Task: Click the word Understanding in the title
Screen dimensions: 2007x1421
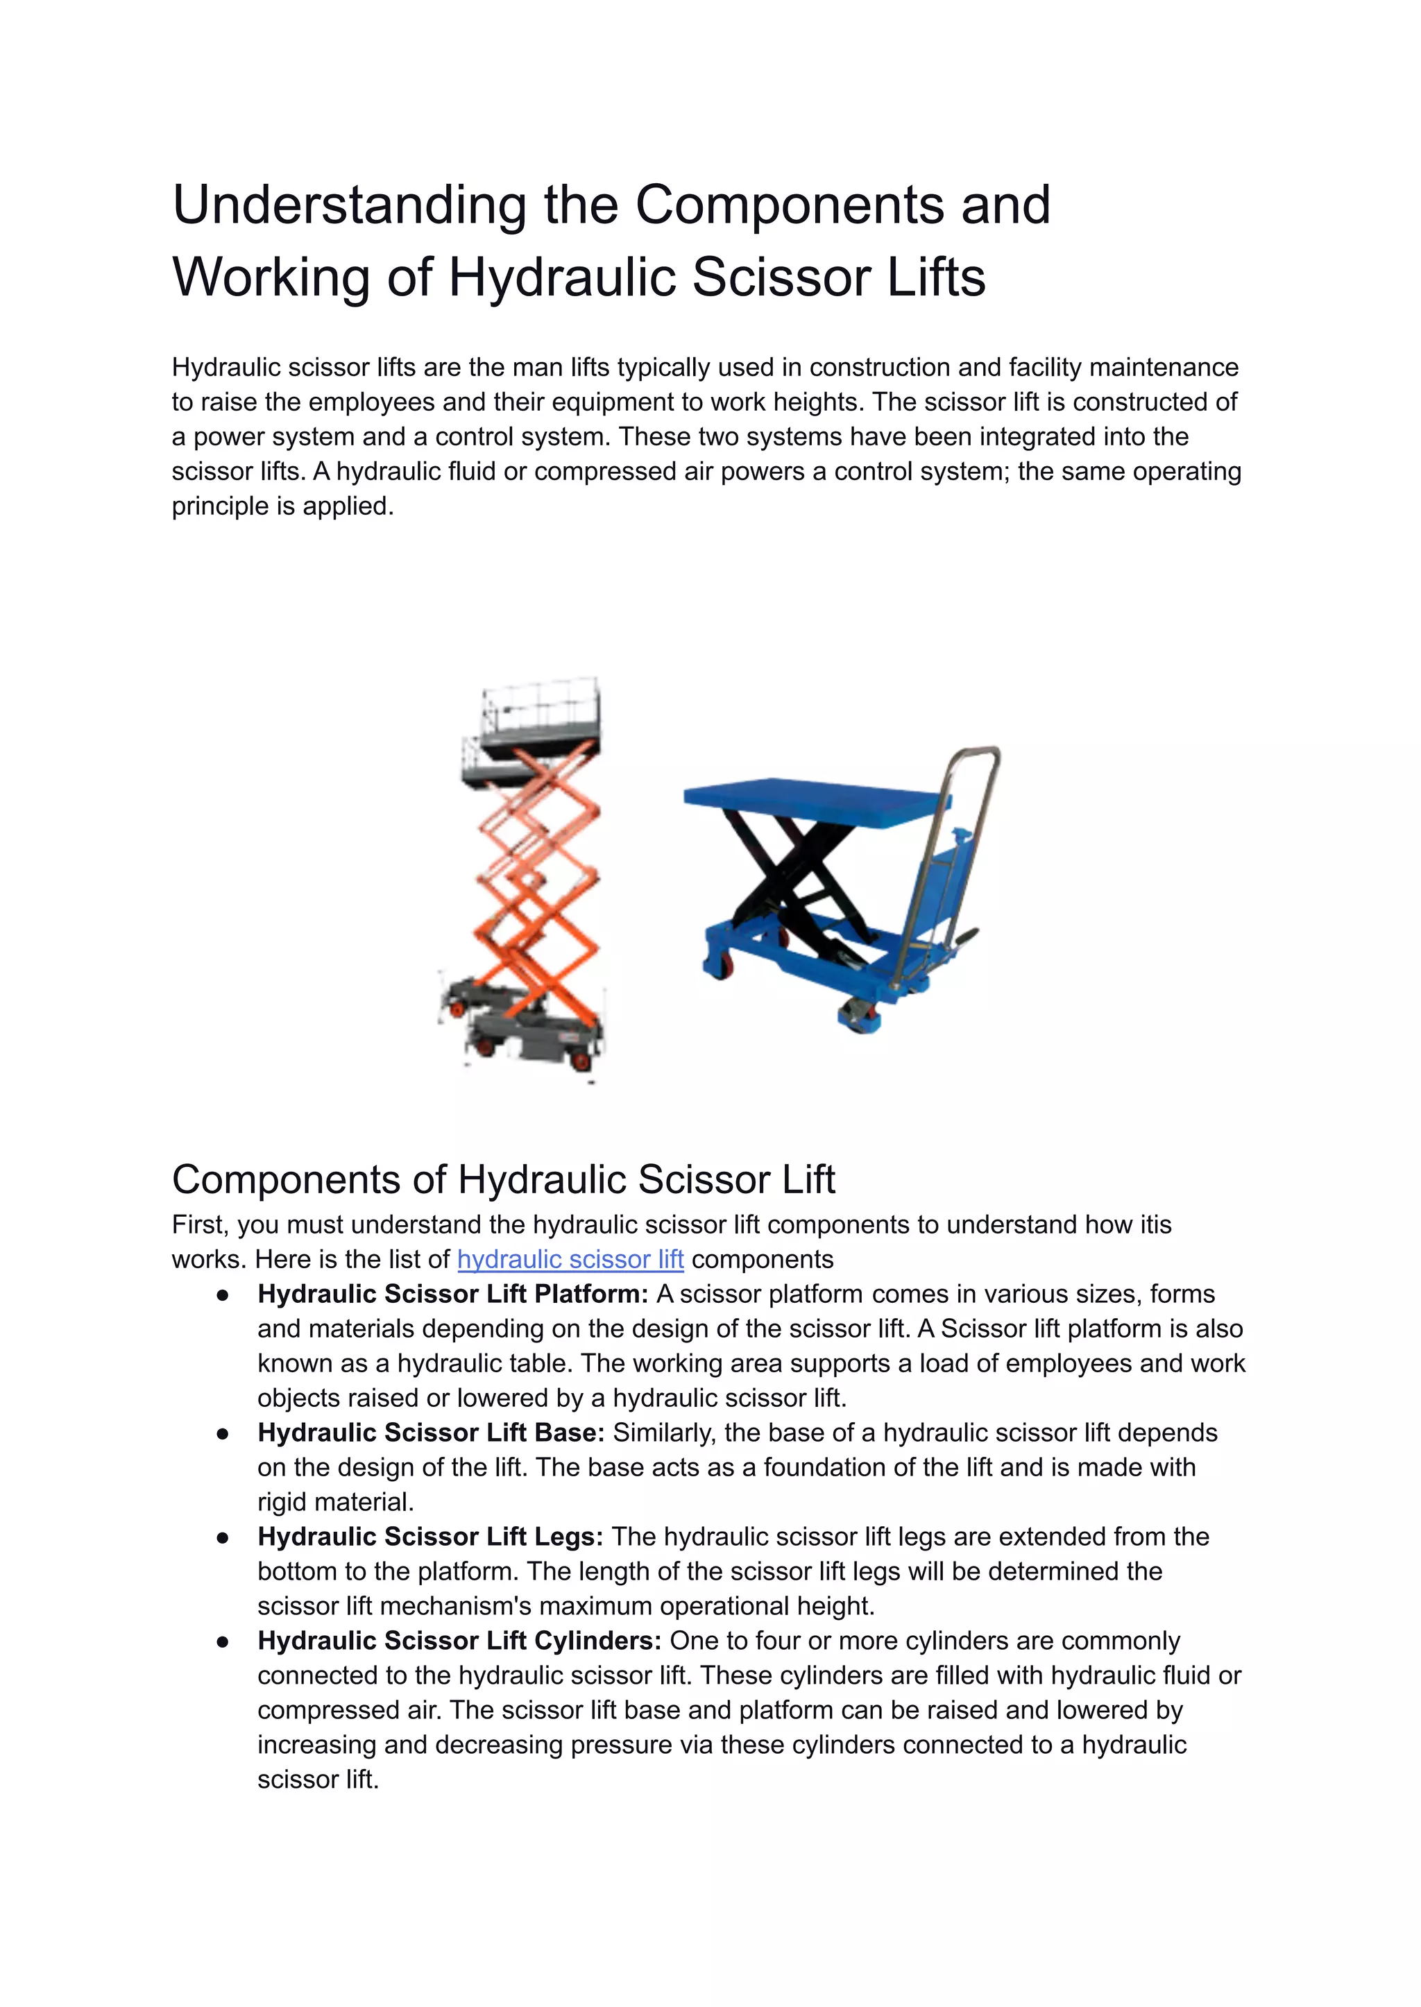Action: (348, 205)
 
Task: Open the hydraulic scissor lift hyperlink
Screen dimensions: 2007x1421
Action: (570, 1259)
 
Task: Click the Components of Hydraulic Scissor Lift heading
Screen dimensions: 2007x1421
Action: (503, 1179)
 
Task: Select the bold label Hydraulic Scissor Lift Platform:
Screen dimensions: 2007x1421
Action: (452, 1294)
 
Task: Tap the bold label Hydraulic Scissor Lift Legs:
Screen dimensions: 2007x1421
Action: (429, 1537)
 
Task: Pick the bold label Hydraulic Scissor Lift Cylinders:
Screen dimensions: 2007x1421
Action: (459, 1641)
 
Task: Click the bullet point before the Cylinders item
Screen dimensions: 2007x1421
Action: (223, 1642)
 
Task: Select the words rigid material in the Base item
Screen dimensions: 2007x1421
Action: (334, 1502)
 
